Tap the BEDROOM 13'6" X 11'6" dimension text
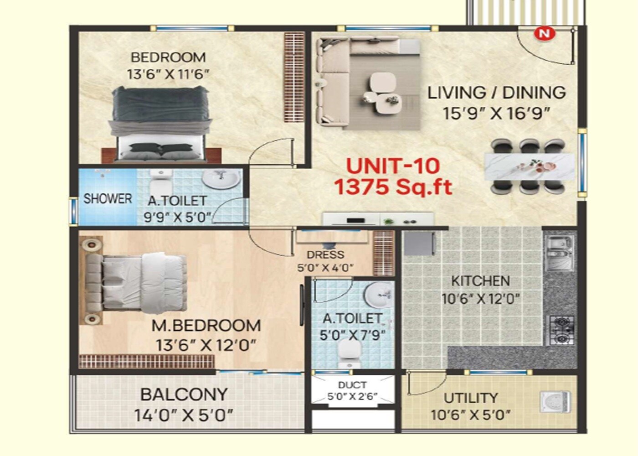pyautogui.click(x=168, y=74)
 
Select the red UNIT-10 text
pyautogui.click(x=393, y=166)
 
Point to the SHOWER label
pyautogui.click(x=108, y=199)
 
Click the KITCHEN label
pyautogui.click(x=480, y=281)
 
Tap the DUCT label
pyautogui.click(x=352, y=385)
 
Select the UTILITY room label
pyautogui.click(x=471, y=398)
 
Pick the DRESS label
pyautogui.click(x=325, y=255)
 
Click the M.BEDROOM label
pyautogui.click(x=206, y=326)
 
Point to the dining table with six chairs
pyautogui.click(x=529, y=166)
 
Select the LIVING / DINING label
pyautogui.click(x=496, y=93)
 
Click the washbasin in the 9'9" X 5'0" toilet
pyautogui.click(x=221, y=179)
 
